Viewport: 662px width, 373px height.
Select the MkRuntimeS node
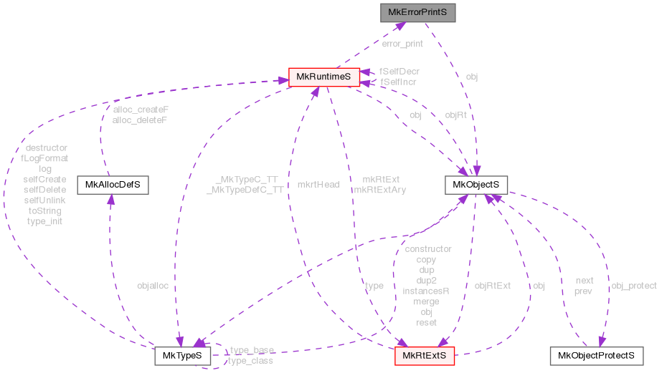click(x=323, y=77)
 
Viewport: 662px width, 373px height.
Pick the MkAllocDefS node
click(x=112, y=185)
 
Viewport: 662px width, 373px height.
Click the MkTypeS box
click(x=183, y=355)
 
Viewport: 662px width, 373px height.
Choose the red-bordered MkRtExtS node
click(x=424, y=355)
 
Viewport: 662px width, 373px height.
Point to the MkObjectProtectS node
click(x=595, y=355)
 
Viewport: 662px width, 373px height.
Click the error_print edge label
click(x=402, y=44)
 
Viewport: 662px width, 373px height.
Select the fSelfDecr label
click(x=399, y=72)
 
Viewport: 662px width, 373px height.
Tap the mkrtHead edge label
click(x=318, y=184)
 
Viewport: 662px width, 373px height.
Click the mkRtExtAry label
click(x=380, y=190)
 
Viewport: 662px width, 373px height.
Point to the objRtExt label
click(x=493, y=286)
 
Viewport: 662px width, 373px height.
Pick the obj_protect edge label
click(x=633, y=286)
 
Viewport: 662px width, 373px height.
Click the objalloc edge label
click(x=153, y=286)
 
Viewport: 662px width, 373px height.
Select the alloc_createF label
click(x=141, y=110)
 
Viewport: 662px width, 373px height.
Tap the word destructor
click(x=46, y=148)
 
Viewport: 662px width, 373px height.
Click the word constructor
click(x=428, y=249)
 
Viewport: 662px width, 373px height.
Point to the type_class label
click(x=250, y=360)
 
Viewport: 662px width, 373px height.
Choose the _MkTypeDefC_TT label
click(x=245, y=191)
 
